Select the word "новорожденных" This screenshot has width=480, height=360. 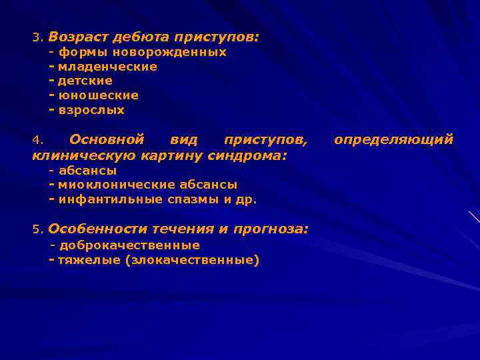point(169,52)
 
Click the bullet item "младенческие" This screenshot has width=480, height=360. point(107,67)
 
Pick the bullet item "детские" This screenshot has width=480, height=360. point(85,81)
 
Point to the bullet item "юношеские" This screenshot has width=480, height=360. point(98,96)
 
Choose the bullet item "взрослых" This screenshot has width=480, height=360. point(91,111)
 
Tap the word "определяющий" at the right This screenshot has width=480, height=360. point(393,140)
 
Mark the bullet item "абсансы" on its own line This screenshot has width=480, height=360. point(87,171)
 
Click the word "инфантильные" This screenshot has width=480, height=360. point(101,199)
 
